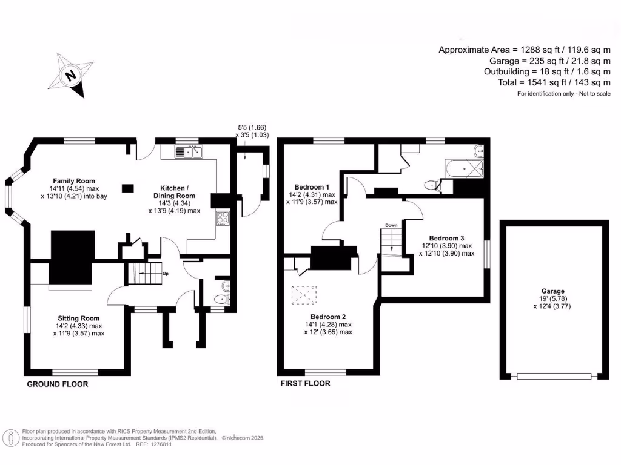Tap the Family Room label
point(73,181)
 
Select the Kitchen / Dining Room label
point(177,192)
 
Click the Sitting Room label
point(79,318)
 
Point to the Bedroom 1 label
point(312,186)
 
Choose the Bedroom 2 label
point(328,317)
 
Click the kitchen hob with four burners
point(222,217)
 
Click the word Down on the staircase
point(391,225)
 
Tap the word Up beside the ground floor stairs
point(165,274)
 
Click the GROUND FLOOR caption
point(58,384)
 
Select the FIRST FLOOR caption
point(305,384)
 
